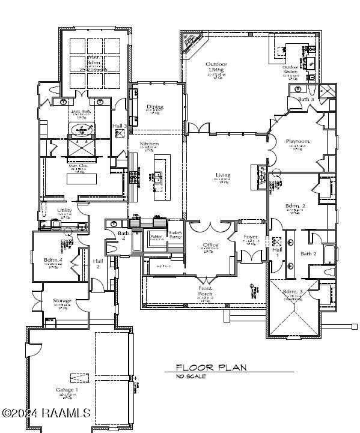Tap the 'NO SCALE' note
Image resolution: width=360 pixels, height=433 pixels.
[191, 377]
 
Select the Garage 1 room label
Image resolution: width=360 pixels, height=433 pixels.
[67, 390]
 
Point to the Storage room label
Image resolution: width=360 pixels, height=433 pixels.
[62, 300]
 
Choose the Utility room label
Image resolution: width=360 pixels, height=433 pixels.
[64, 210]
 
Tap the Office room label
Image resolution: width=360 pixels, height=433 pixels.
[210, 245]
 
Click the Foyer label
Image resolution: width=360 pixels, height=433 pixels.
[251, 237]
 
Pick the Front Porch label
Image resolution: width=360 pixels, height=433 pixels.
[206, 291]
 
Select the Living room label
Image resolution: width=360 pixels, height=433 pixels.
[223, 175]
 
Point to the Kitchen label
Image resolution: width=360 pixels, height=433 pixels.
[149, 144]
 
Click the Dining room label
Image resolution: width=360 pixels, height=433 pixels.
[154, 107]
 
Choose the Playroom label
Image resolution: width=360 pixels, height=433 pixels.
[297, 141]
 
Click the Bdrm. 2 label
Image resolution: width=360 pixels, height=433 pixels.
[295, 206]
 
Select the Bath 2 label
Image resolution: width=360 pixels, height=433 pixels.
[308, 253]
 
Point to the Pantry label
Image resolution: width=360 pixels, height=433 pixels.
[157, 237]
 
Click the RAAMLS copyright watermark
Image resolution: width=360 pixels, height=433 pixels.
[46, 413]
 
